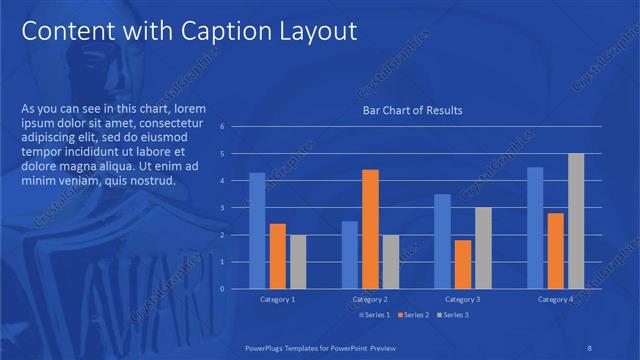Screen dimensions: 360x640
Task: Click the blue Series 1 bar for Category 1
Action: [257, 231]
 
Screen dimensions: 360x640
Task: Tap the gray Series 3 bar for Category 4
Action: [576, 221]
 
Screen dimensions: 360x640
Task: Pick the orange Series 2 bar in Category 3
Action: [463, 264]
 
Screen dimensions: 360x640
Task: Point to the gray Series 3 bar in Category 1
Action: [298, 262]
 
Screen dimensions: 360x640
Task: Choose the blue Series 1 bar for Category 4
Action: [535, 228]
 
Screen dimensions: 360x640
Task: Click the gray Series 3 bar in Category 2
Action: [390, 262]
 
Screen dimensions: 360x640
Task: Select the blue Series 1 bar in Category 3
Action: [442, 241]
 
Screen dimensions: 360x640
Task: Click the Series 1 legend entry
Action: [375, 315]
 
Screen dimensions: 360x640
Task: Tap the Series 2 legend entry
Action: [413, 315]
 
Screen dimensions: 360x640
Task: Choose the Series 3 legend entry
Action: [451, 315]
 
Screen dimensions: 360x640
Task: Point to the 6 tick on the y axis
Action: [235, 127]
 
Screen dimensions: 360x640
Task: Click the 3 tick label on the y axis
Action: [235, 208]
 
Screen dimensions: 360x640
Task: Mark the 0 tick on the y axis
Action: [235, 289]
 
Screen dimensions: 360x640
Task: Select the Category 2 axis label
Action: [370, 300]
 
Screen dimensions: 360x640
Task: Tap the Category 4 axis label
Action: [556, 300]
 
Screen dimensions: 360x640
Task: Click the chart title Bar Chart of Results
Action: [411, 110]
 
